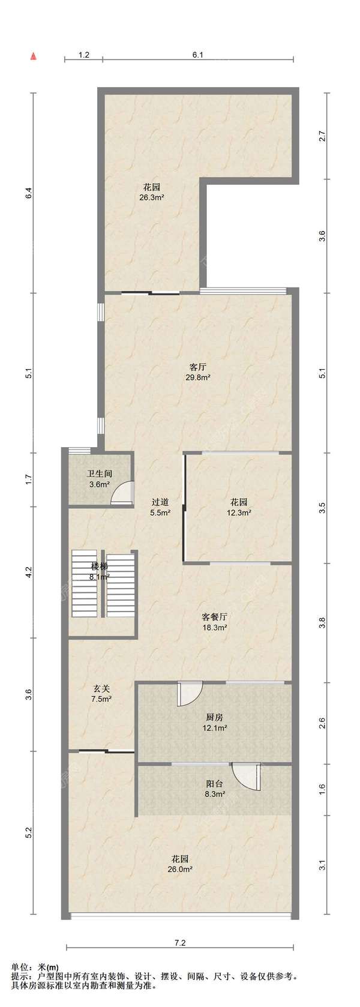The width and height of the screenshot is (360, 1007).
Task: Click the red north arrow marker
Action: click(33, 56)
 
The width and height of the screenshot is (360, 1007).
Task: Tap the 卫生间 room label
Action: click(100, 474)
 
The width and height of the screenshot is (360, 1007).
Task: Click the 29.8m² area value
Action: click(198, 377)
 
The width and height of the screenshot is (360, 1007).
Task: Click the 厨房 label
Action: click(214, 717)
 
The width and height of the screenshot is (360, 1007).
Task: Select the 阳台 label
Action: click(214, 784)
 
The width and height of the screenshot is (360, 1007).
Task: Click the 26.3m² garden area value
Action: click(151, 197)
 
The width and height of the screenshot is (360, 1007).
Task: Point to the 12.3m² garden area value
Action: click(239, 511)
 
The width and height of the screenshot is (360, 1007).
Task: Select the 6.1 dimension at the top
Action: click(198, 55)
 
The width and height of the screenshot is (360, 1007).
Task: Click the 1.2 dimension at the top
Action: click(84, 55)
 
